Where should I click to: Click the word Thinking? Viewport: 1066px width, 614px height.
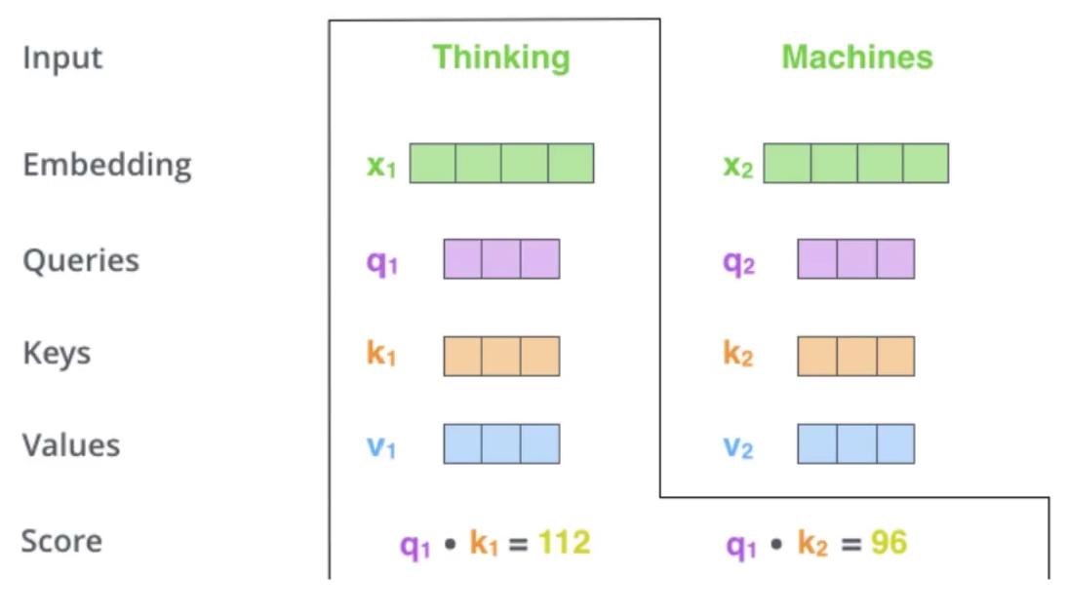click(501, 58)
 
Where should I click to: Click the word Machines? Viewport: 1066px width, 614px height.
click(857, 58)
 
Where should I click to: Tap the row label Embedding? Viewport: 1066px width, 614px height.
click(107, 166)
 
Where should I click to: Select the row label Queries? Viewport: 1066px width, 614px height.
click(81, 261)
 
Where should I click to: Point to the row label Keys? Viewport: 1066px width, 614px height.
click(58, 353)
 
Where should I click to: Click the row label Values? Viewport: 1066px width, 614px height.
click(71, 445)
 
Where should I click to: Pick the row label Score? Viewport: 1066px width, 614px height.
click(61, 541)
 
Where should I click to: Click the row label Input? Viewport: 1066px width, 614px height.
click(62, 58)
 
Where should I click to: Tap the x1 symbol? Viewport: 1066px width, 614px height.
click(381, 166)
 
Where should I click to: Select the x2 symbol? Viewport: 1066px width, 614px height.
click(738, 166)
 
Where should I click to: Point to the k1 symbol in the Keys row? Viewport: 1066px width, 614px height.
click(381, 353)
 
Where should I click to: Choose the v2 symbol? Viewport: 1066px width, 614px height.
click(738, 447)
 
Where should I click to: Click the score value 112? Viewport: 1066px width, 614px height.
click(565, 543)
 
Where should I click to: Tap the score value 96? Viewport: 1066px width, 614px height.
click(889, 543)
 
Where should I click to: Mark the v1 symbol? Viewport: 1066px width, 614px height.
click(381, 447)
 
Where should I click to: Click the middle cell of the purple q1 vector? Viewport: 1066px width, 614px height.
click(501, 259)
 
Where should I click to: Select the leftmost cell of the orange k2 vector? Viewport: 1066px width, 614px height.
click(817, 356)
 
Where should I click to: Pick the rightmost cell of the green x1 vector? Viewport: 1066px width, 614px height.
click(572, 163)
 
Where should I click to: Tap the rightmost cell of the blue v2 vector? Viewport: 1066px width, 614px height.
click(896, 443)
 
